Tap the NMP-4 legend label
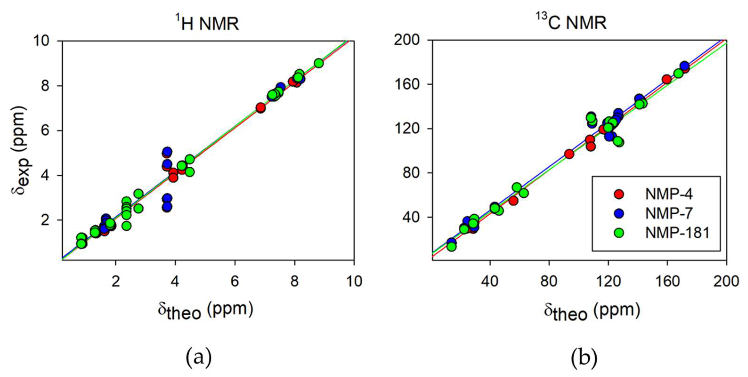669,194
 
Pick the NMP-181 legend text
677,233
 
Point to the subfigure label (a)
199,357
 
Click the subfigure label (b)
584,357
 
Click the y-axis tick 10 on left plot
44,41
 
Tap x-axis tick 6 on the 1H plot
235,281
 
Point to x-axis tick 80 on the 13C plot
549,281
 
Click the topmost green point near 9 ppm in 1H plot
319,63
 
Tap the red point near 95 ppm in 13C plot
569,154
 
